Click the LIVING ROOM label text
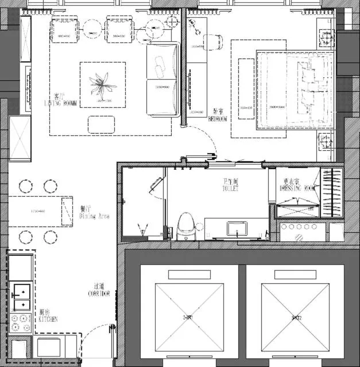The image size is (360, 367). (61, 101)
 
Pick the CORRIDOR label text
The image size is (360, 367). (99, 290)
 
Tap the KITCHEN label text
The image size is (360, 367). (48, 317)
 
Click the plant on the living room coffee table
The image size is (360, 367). (103, 85)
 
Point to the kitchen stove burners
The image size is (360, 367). (20, 325)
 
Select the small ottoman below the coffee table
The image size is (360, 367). (101, 123)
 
